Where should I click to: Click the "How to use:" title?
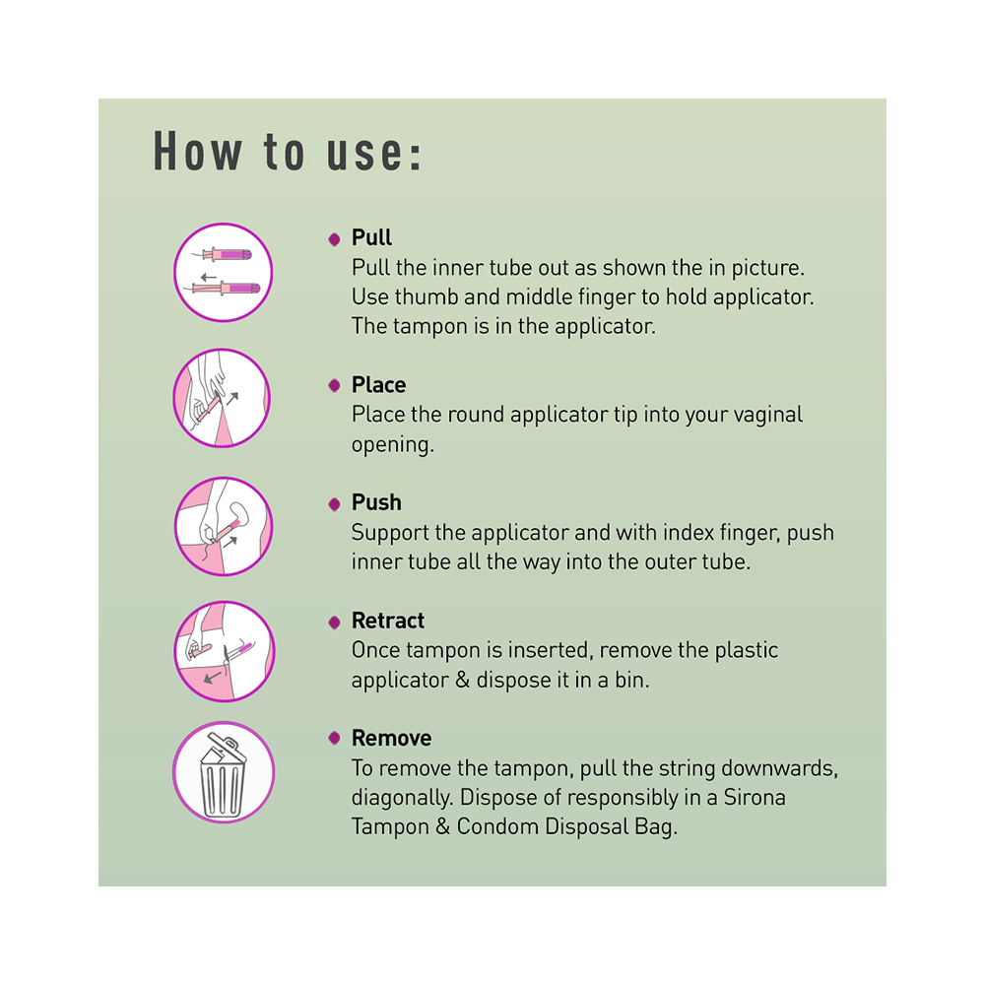(288, 154)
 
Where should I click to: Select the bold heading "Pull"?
(371, 238)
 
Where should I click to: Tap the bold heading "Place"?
(378, 385)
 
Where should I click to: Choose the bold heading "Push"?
(376, 503)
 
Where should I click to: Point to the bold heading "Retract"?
(388, 622)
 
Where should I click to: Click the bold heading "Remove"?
(391, 739)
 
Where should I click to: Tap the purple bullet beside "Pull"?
(334, 238)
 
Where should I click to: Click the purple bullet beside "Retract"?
(334, 622)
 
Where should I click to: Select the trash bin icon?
(223, 772)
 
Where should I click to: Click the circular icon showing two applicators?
(223, 273)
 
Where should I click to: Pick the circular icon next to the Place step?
(223, 399)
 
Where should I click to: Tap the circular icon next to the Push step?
(223, 525)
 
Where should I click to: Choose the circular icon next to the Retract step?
(223, 651)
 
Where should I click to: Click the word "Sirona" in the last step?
(754, 797)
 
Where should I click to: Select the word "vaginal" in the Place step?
(765, 415)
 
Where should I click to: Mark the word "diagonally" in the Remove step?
(402, 797)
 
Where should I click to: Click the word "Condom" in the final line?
(501, 826)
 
